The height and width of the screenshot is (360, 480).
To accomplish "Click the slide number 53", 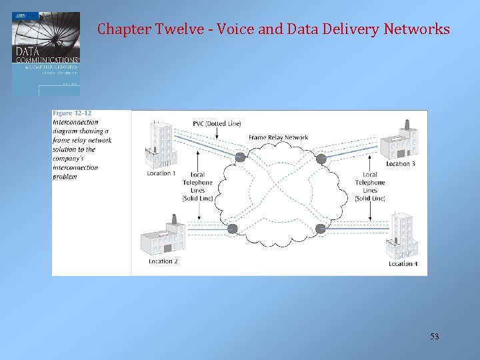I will coord(434,337).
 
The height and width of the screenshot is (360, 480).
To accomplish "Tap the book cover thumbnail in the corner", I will coord(45,53).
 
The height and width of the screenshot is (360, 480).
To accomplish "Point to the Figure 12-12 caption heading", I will coord(72,113).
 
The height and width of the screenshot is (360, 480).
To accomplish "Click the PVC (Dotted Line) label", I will coord(217,123).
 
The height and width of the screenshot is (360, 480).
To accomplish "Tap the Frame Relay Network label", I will coord(278,137).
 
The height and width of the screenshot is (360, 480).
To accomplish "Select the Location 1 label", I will coord(161,173).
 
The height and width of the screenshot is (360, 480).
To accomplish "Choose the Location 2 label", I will coord(163,261).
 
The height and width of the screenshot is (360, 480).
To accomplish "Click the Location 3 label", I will coord(401,163).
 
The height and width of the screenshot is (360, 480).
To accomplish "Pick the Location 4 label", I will coord(403,264).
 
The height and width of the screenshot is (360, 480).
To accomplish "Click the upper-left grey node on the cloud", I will coord(240,157).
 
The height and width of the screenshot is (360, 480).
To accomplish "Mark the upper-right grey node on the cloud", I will coord(321,158).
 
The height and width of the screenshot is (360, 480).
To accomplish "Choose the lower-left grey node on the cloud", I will coord(232,229).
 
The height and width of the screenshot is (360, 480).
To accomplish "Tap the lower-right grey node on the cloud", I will coord(321,229).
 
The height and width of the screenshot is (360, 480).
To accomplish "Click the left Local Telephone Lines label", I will coord(197,186).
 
